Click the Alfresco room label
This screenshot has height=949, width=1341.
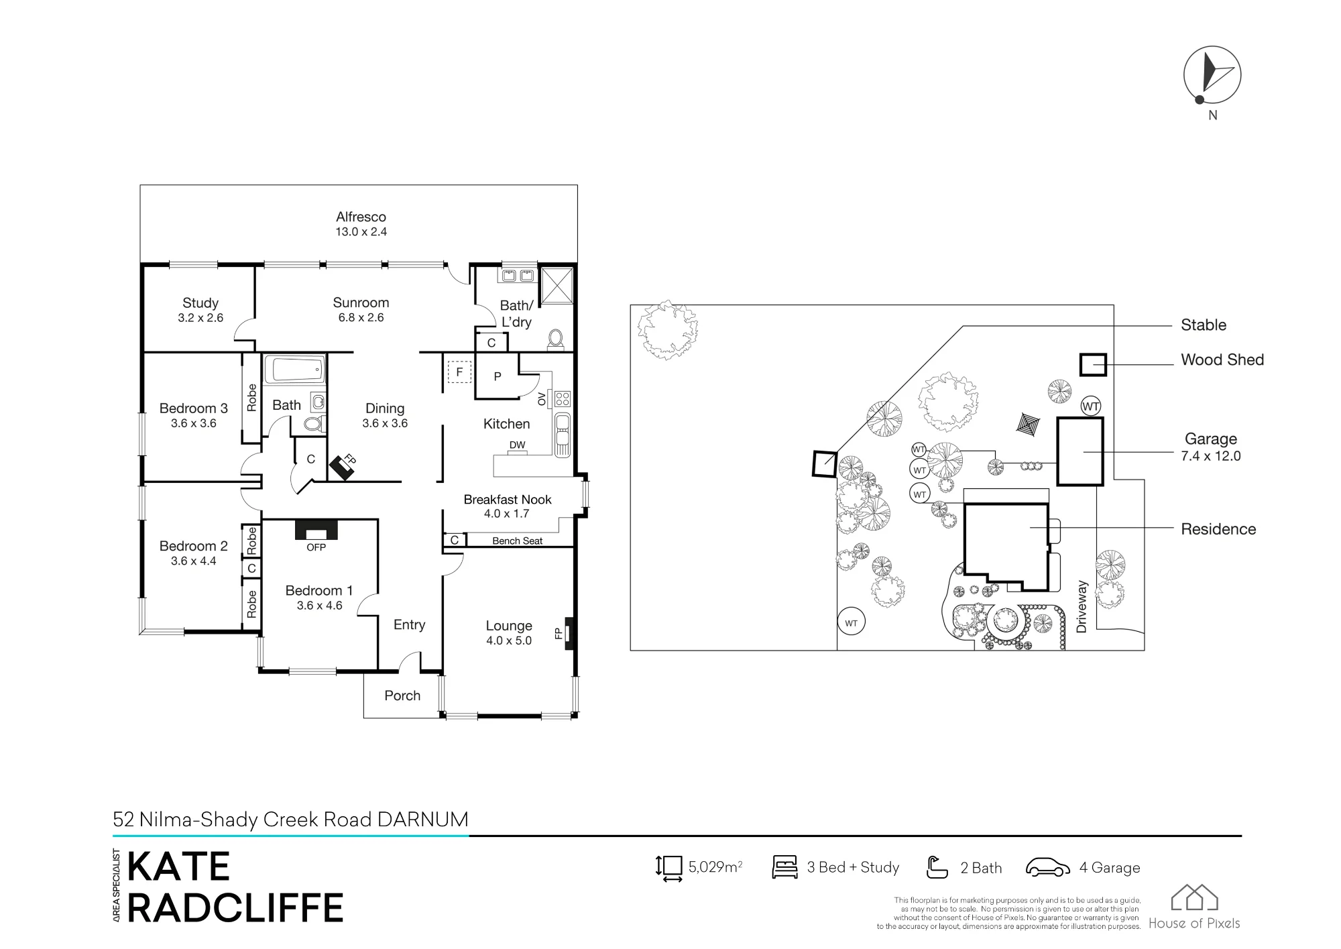361,217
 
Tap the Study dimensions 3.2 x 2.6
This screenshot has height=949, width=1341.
200,318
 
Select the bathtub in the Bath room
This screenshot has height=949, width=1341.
294,370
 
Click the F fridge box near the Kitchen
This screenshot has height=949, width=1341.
459,372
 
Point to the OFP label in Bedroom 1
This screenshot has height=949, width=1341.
316,547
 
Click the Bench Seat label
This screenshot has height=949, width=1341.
517,541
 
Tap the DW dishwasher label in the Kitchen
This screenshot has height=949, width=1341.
517,445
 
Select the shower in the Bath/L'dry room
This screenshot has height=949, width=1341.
557,286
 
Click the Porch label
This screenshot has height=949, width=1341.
402,695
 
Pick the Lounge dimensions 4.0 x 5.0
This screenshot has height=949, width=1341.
509,640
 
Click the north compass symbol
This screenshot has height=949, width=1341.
1212,76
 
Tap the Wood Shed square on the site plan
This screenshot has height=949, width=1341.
1093,364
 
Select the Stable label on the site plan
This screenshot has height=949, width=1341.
1204,325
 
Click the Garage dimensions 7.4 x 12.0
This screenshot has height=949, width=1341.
1211,456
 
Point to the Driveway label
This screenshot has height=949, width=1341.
1081,607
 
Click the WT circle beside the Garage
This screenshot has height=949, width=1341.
1091,406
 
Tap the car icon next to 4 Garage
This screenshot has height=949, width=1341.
1048,867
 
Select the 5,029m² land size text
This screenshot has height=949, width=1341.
715,867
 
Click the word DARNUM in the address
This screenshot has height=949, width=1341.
422,820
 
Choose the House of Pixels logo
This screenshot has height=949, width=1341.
1194,907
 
